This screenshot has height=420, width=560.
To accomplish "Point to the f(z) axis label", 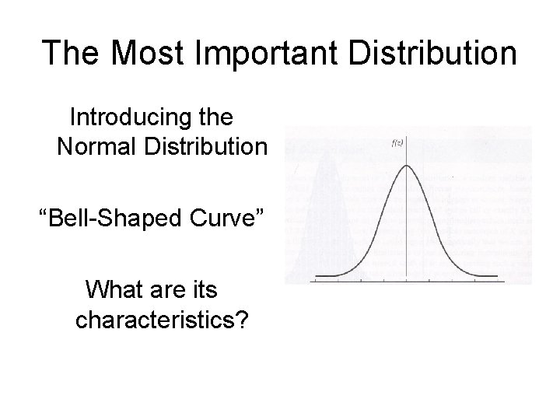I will (x=396, y=142).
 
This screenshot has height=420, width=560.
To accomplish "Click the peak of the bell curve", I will (x=408, y=165).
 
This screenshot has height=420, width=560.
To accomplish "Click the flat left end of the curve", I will (x=327, y=275).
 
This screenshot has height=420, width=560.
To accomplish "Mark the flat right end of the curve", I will (x=486, y=275).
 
